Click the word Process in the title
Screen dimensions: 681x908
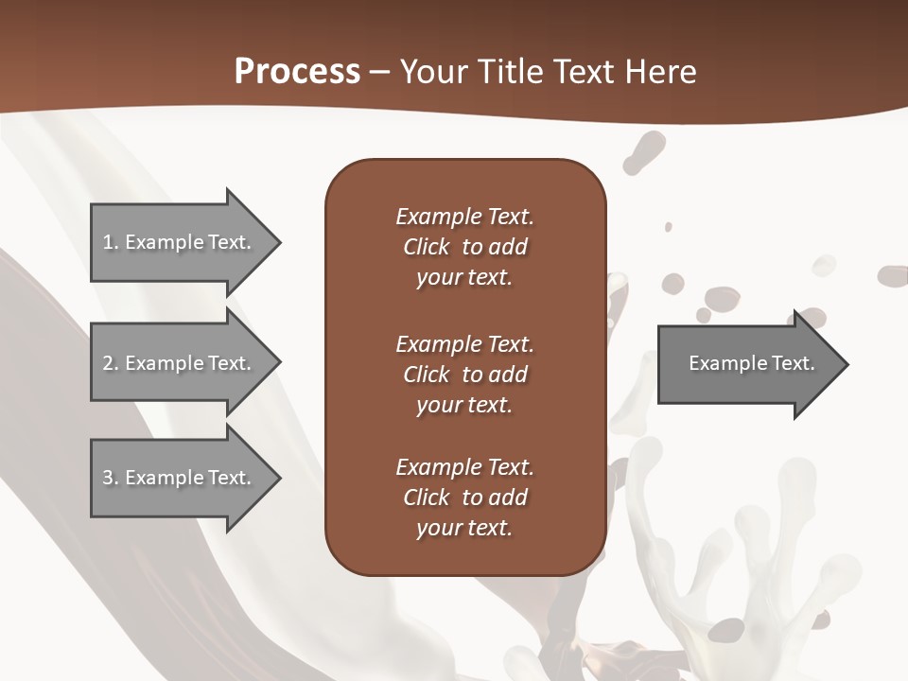click(x=297, y=72)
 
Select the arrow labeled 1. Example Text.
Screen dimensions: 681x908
click(x=180, y=242)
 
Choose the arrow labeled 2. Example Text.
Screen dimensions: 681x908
click(x=180, y=363)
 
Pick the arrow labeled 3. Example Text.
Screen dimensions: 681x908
click(x=180, y=478)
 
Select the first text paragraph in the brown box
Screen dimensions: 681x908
click(x=464, y=247)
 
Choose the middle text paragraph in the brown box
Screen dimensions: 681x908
click(x=464, y=375)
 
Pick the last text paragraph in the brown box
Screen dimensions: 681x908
click(x=464, y=498)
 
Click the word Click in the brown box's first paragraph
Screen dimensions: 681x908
click(x=427, y=247)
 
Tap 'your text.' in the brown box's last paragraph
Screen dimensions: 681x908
click(x=464, y=528)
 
